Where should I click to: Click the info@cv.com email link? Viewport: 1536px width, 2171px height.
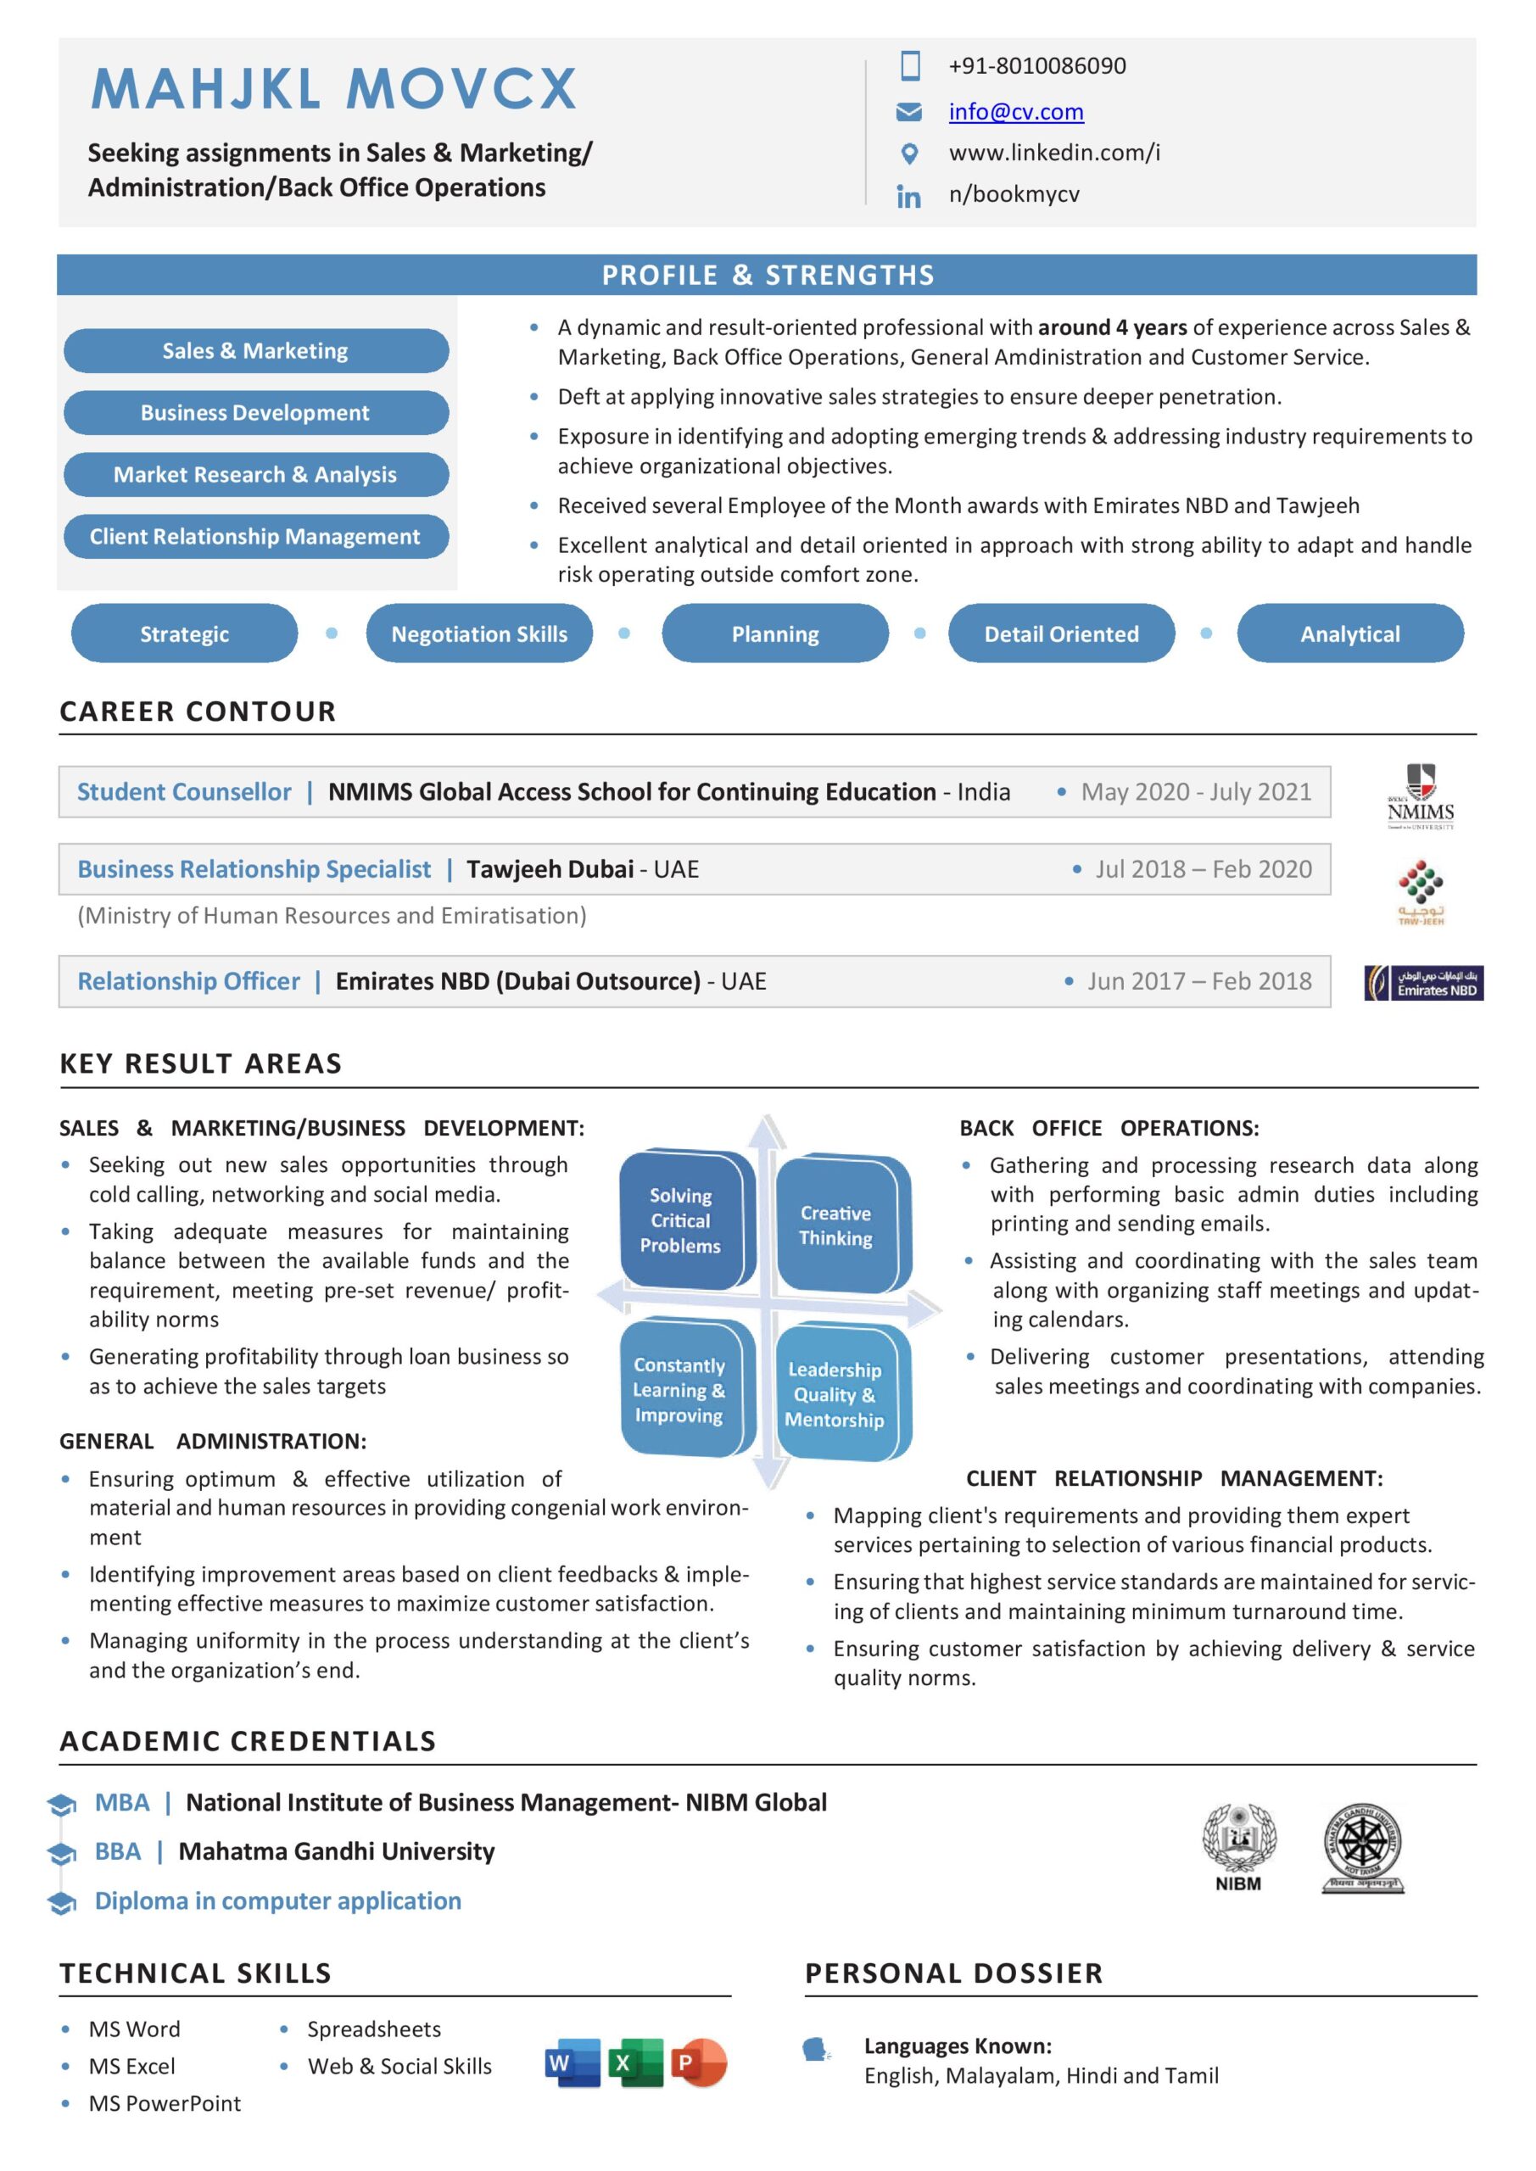coord(1016,112)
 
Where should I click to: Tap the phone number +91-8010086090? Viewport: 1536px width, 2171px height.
coord(1036,65)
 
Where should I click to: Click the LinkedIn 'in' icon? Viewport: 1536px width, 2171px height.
coord(908,196)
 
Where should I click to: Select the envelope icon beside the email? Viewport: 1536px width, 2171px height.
coord(908,113)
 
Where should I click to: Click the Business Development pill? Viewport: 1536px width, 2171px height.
coord(255,412)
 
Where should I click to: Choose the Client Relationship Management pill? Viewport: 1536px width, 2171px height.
coord(255,536)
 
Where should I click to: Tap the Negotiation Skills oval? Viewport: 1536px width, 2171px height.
coord(478,633)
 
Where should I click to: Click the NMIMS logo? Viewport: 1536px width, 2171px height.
coord(1420,796)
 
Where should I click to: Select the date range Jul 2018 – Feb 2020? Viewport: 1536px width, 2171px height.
coord(1203,869)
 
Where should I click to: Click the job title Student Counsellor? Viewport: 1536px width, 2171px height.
coord(184,791)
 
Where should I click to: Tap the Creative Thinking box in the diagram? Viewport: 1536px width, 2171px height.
coord(837,1225)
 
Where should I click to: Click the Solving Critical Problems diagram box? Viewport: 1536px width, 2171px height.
coord(682,1219)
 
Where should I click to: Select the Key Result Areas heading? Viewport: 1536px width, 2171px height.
coord(200,1063)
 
